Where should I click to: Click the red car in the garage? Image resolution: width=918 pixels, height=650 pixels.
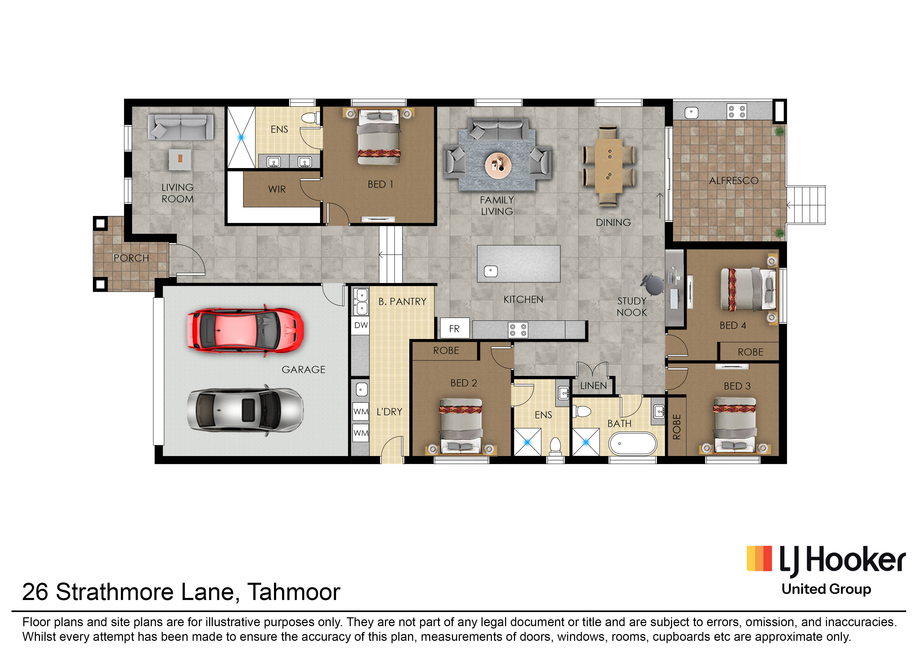click(245, 331)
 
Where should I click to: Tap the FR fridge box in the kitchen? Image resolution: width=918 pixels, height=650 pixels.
click(454, 328)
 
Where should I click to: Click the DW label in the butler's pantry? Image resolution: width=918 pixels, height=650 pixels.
click(361, 325)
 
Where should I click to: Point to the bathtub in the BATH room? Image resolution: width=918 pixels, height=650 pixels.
click(633, 444)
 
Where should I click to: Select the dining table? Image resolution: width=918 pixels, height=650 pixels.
click(609, 166)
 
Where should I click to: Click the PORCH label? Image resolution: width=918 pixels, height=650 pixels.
click(131, 258)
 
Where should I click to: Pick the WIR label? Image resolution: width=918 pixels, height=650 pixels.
click(277, 189)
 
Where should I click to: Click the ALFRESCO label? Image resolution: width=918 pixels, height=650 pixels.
click(734, 181)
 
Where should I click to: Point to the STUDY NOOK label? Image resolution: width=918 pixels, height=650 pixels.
click(632, 307)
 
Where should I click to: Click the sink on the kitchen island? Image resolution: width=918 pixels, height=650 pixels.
click(491, 271)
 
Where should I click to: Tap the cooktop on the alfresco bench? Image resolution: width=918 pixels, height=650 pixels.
click(737, 112)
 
